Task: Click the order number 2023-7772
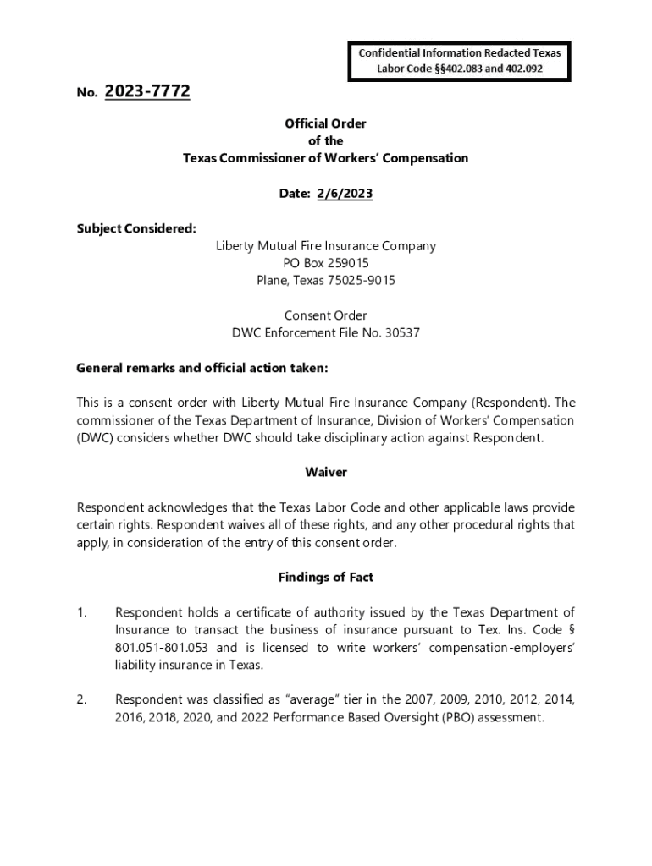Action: pyautogui.click(x=147, y=92)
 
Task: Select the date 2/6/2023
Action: pyautogui.click(x=345, y=194)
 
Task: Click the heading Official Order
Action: pyautogui.click(x=326, y=123)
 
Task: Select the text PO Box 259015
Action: pyautogui.click(x=326, y=263)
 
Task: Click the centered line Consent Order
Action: pyautogui.click(x=326, y=315)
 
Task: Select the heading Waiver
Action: pyautogui.click(x=326, y=472)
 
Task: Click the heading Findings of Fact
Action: pyautogui.click(x=326, y=577)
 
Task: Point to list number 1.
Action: pyautogui.click(x=82, y=612)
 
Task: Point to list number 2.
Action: pyautogui.click(x=82, y=699)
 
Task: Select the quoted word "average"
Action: pyautogui.click(x=291, y=699)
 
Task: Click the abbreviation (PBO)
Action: pyautogui.click(x=445, y=717)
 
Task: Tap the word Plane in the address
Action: pyautogui.click(x=274, y=280)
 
